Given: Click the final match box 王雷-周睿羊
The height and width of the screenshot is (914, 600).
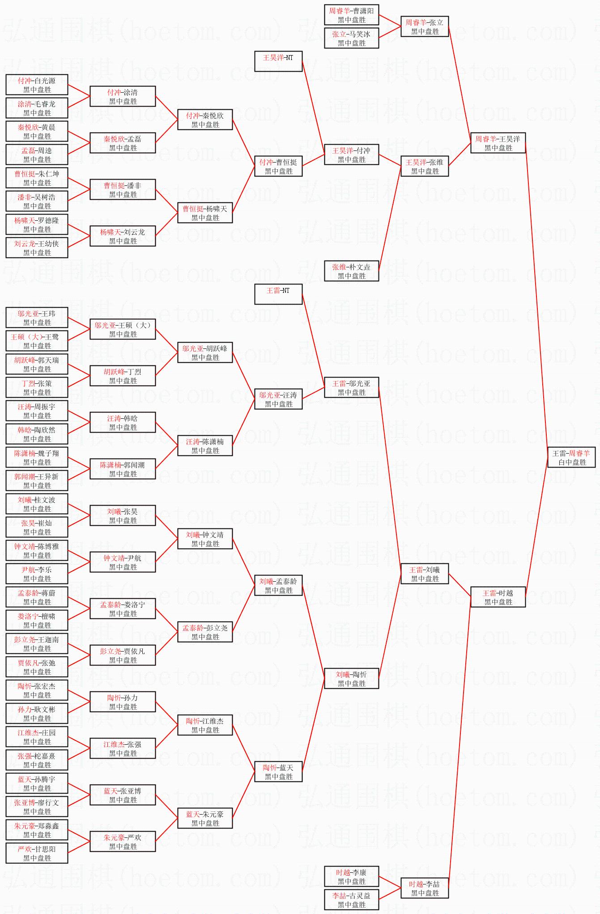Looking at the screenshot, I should click(x=571, y=457).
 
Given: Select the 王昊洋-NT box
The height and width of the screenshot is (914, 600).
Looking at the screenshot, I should click(x=278, y=61).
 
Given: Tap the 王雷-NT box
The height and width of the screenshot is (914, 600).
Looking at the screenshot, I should click(x=278, y=294).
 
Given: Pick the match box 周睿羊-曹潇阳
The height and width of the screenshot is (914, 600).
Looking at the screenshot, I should click(x=351, y=15).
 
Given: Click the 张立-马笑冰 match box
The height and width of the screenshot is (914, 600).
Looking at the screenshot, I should click(x=351, y=38).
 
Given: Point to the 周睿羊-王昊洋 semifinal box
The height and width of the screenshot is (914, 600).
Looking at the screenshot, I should click(x=498, y=143).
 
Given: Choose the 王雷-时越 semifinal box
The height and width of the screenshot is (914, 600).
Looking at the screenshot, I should click(x=498, y=597).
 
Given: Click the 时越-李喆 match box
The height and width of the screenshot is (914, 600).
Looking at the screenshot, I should click(x=425, y=888).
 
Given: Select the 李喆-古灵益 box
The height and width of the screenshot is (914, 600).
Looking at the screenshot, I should click(x=351, y=900).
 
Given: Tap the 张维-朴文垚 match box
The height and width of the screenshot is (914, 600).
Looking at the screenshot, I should click(x=351, y=271).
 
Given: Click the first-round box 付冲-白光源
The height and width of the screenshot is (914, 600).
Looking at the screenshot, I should click(x=37, y=85).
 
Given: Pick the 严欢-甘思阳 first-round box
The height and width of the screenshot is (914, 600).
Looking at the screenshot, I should click(x=37, y=853).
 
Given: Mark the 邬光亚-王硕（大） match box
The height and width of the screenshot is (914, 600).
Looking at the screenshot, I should click(x=123, y=329).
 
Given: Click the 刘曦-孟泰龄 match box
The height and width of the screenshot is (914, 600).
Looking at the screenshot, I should click(x=278, y=585).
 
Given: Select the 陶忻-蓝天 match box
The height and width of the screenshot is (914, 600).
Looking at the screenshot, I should click(x=278, y=772).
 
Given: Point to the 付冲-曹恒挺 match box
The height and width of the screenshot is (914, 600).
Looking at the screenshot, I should click(x=278, y=166).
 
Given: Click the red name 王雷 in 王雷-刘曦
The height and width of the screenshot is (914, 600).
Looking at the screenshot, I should click(x=416, y=570).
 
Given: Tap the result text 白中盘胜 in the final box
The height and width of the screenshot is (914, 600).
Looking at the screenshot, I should click(x=572, y=462).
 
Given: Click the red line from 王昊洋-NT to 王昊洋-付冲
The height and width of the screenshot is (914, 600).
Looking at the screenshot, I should click(x=313, y=107).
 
